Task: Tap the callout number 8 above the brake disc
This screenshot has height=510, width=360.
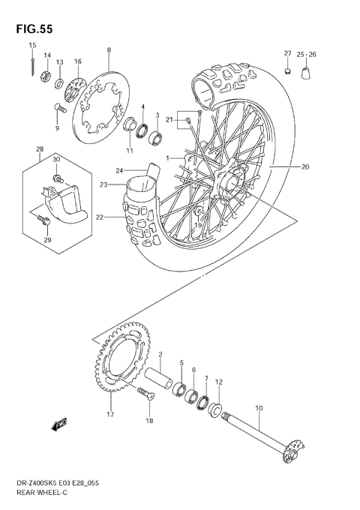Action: tap(109, 50)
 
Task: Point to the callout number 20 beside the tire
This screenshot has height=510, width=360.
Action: tap(305, 166)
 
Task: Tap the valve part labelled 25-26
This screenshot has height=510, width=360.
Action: tap(307, 73)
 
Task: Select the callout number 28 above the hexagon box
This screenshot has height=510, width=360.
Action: tap(40, 150)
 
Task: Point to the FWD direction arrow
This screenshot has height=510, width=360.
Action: tap(58, 427)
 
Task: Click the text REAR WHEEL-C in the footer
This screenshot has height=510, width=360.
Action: tap(37, 496)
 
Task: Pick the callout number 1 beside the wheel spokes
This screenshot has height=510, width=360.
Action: tap(169, 158)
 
